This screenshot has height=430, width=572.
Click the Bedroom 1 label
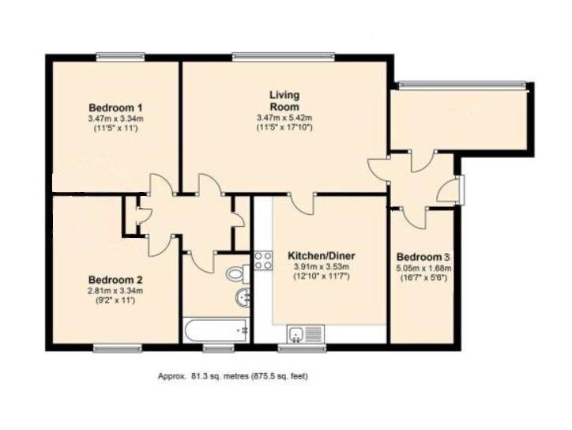(115, 108)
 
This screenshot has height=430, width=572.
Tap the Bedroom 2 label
(115, 280)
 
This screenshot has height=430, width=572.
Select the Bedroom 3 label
(423, 257)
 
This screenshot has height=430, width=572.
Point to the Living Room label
(284, 100)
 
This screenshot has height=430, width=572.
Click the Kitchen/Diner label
(322, 255)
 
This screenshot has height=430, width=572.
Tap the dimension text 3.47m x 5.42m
(284, 118)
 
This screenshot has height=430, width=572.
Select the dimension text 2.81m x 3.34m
(115, 291)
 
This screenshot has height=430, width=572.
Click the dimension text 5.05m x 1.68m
(423, 268)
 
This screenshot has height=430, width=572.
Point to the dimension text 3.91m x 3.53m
(322, 266)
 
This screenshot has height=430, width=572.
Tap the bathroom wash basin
(243, 297)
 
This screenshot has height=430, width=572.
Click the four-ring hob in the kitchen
(263, 261)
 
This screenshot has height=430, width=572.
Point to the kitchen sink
(306, 334)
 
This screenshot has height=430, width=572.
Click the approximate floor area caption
(233, 376)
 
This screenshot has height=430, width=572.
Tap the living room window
(283, 57)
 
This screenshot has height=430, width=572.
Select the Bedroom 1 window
(121, 57)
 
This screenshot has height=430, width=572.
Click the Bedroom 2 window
(118, 349)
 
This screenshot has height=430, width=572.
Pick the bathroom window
(219, 349)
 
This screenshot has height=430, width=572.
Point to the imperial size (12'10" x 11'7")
(322, 277)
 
